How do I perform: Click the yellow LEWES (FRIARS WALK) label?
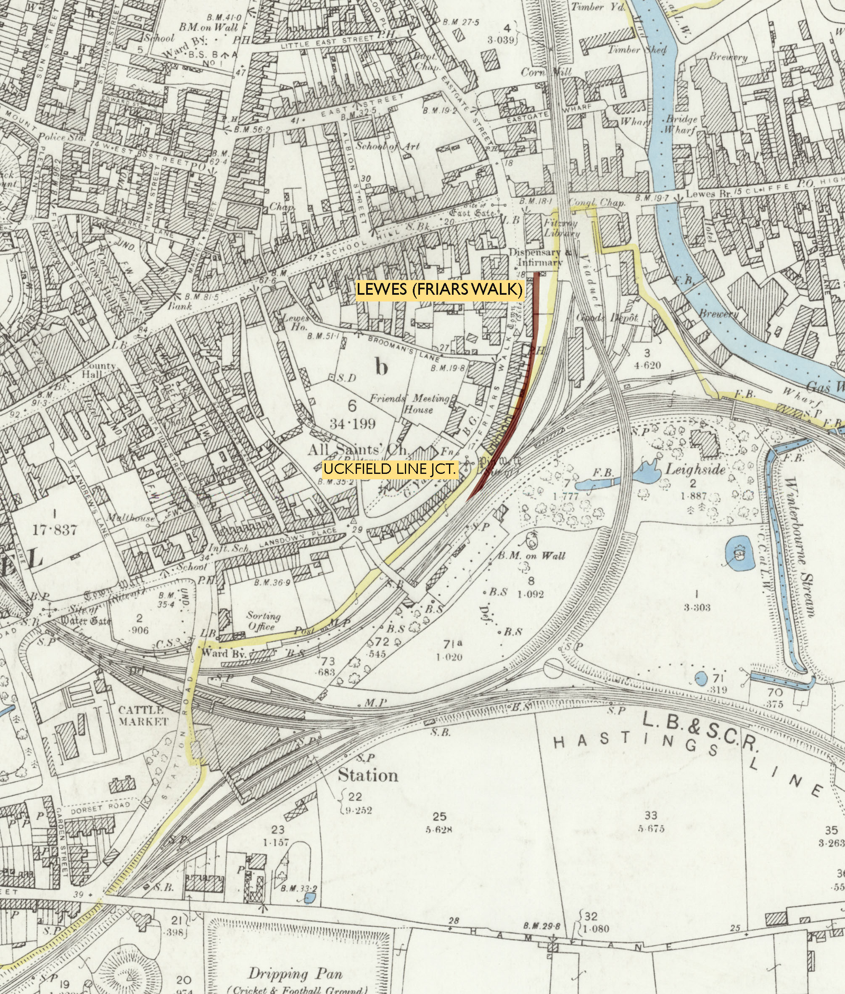point(439,290)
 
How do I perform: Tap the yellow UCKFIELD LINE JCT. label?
point(391,469)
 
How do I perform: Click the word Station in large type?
point(368,775)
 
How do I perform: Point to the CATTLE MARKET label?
point(143,716)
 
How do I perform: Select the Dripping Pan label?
point(295,970)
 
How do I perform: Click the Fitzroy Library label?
point(561,228)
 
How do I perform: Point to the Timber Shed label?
point(637,50)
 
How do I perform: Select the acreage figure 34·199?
point(352,423)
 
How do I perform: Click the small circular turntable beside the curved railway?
point(553,668)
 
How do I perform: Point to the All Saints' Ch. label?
point(358,450)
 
